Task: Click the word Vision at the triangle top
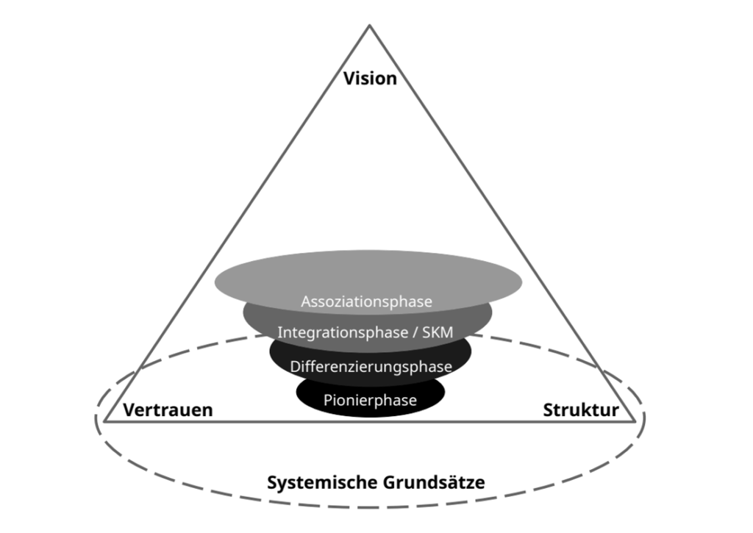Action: pos(370,78)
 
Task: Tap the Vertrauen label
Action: pos(168,410)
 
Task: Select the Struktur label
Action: pos(581,410)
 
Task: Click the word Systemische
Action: pos(322,483)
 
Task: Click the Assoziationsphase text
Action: pos(367,301)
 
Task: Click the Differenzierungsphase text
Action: pos(371,366)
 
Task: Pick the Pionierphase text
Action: pos(370,401)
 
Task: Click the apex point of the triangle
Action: pos(369,26)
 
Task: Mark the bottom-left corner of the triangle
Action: pos(105,421)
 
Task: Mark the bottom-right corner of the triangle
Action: pos(635,421)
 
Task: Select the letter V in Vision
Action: pos(349,78)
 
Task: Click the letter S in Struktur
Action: pos(549,410)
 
